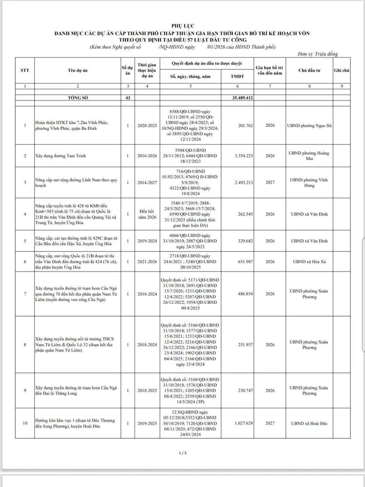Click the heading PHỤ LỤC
pyautogui.click(x=183, y=26)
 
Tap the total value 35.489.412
pyautogui.click(x=242, y=98)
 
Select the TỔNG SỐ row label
pyautogui.click(x=78, y=98)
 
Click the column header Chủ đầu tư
pyautogui.click(x=309, y=71)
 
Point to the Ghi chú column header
pyautogui.click(x=342, y=71)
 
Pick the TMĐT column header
pyautogui.click(x=237, y=76)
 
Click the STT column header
pyautogui.click(x=25, y=71)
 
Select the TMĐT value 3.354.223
pyautogui.click(x=244, y=156)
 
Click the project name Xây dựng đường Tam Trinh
pyautogui.click(x=61, y=156)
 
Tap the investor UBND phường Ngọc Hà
pyautogui.click(x=309, y=126)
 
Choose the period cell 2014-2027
pyautogui.click(x=147, y=182)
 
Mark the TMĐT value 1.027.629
pyautogui.click(x=244, y=423)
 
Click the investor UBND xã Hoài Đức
pyautogui.click(x=309, y=423)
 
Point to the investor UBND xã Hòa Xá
pyautogui.click(x=309, y=261)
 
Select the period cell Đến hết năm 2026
pyautogui.click(x=147, y=214)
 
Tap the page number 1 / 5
pyautogui.click(x=183, y=453)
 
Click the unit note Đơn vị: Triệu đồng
pyautogui.click(x=318, y=54)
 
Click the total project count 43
pyautogui.click(x=128, y=98)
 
